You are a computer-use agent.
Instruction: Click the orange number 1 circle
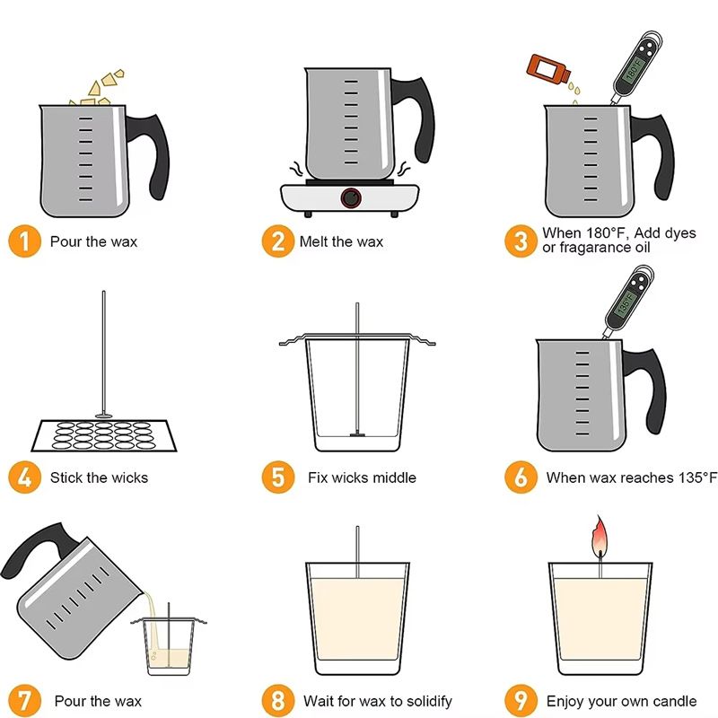[x=25, y=241]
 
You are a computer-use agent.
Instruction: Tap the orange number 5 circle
[x=278, y=477]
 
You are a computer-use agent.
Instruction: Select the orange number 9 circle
[x=521, y=701]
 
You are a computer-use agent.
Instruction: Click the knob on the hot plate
[x=351, y=198]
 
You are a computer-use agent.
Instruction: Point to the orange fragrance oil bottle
[x=549, y=70]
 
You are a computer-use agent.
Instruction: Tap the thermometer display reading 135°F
[x=625, y=303]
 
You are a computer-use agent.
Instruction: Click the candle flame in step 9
[x=600, y=536]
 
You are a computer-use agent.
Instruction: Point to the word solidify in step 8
[x=429, y=701]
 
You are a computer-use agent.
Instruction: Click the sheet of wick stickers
[x=104, y=435]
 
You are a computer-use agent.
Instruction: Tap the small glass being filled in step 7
[x=169, y=646]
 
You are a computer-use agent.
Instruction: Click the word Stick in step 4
[x=66, y=477]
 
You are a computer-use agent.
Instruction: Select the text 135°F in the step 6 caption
[x=697, y=477]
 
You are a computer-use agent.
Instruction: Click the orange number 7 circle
[x=25, y=701]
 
